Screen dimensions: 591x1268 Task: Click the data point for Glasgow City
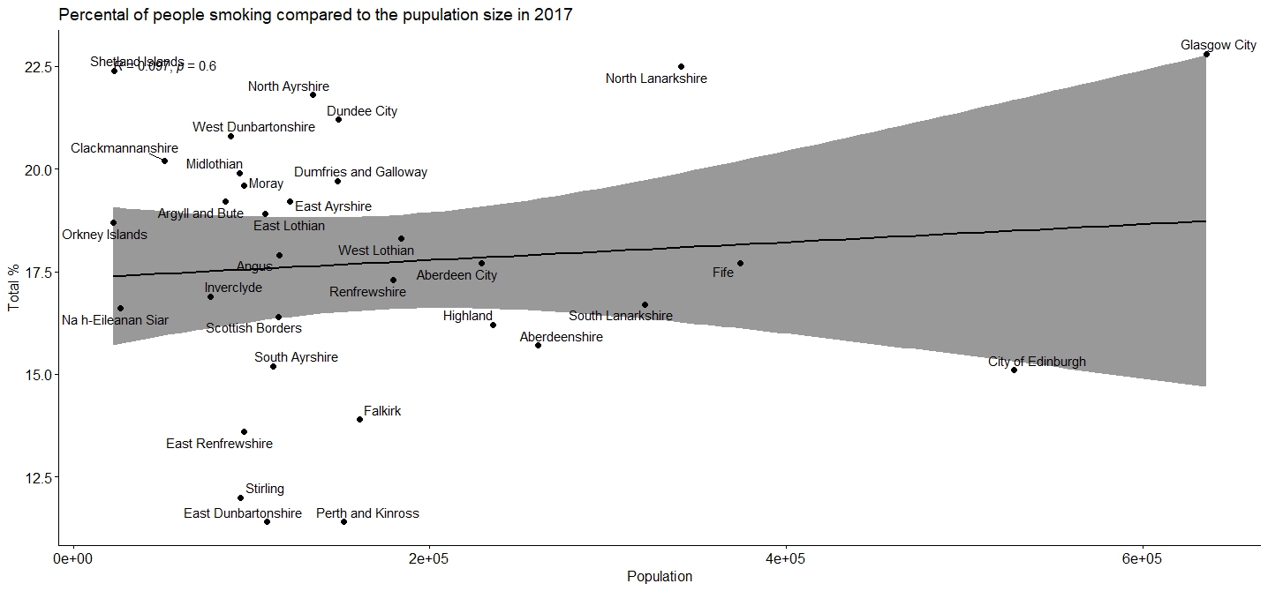click(x=1206, y=55)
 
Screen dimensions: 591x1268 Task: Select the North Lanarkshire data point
click(x=681, y=66)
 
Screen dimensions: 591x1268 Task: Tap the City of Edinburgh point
click(x=1014, y=370)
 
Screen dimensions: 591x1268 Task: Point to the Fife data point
click(x=740, y=263)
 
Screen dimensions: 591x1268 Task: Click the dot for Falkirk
click(x=359, y=419)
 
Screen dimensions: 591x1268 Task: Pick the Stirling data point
click(x=240, y=497)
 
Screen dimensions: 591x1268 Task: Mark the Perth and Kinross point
click(x=343, y=521)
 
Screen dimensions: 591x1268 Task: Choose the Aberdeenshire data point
click(x=538, y=345)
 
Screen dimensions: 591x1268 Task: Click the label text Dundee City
click(x=362, y=111)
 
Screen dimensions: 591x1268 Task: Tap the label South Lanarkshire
click(x=621, y=316)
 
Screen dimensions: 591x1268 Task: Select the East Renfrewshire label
click(x=219, y=444)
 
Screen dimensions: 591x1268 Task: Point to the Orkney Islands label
click(x=104, y=235)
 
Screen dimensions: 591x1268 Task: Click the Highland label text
click(x=468, y=316)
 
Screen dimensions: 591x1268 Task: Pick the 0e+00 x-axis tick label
click(x=73, y=558)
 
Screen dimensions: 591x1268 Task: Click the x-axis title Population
click(x=660, y=577)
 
